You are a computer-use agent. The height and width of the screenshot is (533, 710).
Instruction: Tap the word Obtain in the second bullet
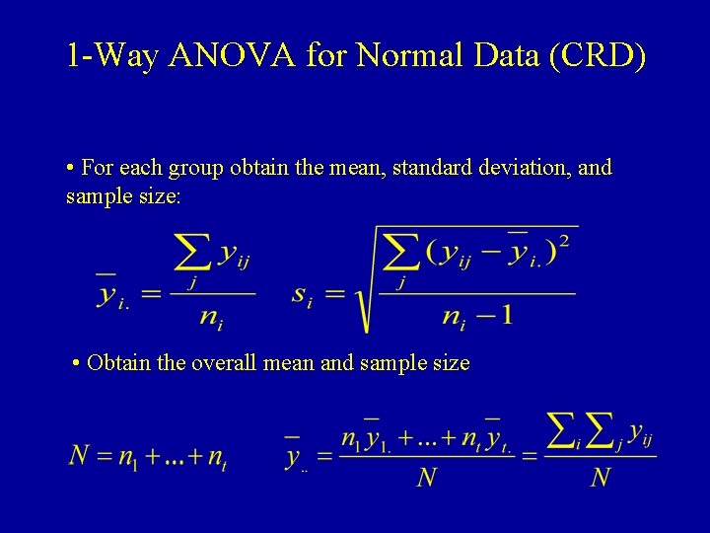[119, 363]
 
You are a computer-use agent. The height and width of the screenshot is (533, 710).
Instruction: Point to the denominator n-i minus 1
[477, 317]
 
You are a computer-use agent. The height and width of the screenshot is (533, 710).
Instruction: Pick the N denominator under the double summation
[600, 478]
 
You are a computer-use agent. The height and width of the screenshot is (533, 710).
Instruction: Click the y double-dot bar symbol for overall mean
[294, 456]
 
